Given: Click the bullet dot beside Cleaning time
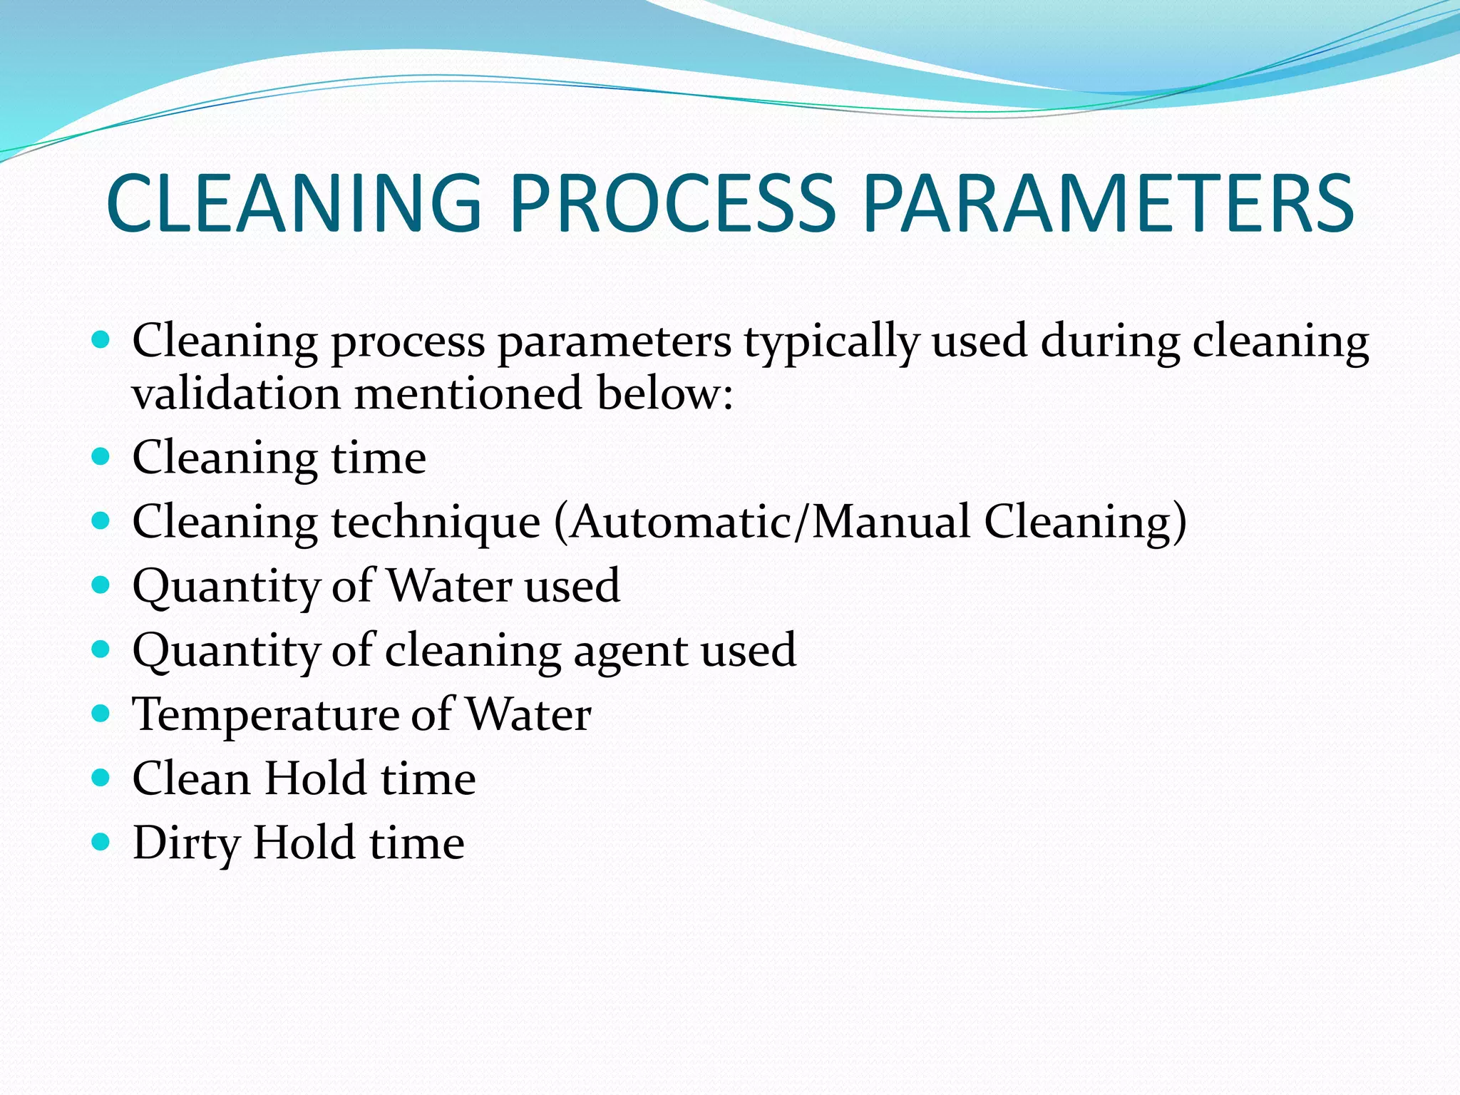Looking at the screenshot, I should tap(101, 456).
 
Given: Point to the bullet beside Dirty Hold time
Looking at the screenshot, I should tap(101, 842).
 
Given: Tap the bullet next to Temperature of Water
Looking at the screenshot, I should tap(101, 713).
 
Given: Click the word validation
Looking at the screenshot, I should tap(236, 394).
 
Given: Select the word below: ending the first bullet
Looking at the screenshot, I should tap(664, 394).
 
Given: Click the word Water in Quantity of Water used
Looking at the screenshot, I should tap(449, 587).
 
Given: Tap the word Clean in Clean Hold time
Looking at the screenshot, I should tap(190, 778).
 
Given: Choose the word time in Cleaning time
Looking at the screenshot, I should tap(379, 458).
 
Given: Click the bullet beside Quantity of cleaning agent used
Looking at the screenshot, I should tap(101, 649).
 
